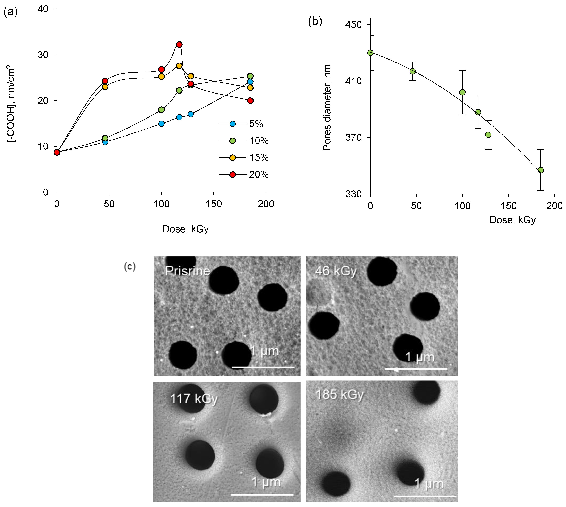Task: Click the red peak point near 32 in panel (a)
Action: (x=179, y=45)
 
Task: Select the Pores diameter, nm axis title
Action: (x=327, y=107)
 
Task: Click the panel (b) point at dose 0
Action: (x=370, y=53)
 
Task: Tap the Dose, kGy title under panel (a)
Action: (x=185, y=229)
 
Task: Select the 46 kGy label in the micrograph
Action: (x=336, y=271)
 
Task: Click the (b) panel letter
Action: (x=315, y=21)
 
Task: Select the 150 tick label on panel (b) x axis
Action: (x=508, y=206)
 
